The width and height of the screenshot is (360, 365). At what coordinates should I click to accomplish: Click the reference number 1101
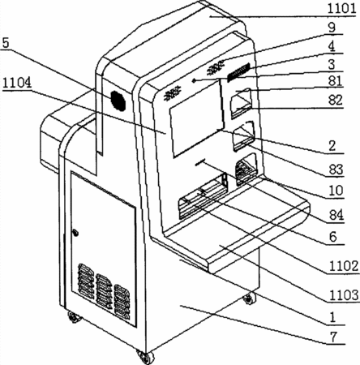[341, 9]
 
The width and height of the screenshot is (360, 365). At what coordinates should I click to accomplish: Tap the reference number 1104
[17, 83]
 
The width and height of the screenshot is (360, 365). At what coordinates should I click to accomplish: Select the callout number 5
[6, 43]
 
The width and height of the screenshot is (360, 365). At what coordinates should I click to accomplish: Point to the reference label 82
[335, 100]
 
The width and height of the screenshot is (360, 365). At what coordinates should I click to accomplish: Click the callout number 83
[336, 170]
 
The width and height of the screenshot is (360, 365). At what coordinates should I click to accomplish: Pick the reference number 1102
[343, 266]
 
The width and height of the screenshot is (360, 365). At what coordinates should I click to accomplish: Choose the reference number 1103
[343, 294]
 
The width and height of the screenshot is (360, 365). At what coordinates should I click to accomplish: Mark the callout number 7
[334, 337]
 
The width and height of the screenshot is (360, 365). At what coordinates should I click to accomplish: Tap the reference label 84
[336, 215]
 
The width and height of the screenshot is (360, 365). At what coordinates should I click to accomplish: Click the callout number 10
[336, 191]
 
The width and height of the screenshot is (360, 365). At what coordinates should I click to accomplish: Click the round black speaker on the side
[118, 101]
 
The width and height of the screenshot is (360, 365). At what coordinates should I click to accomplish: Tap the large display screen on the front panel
[197, 118]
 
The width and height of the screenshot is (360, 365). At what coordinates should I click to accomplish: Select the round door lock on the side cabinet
[75, 233]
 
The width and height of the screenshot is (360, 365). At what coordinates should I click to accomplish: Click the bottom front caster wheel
[145, 357]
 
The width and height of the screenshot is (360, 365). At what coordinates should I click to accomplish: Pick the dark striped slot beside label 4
[238, 72]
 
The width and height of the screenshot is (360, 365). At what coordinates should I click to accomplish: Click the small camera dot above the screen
[194, 80]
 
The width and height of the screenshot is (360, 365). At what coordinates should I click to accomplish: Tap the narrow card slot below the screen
[200, 162]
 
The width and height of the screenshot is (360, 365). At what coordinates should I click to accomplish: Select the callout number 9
[332, 28]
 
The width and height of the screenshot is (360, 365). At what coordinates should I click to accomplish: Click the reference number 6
[333, 237]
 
